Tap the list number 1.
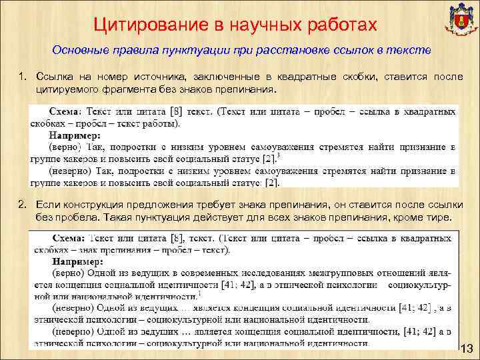pyautogui.click(x=21, y=77)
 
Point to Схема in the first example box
pyautogui.click(x=69, y=111)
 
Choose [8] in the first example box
pyautogui.click(x=177, y=111)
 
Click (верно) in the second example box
pyautogui.click(x=67, y=273)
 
